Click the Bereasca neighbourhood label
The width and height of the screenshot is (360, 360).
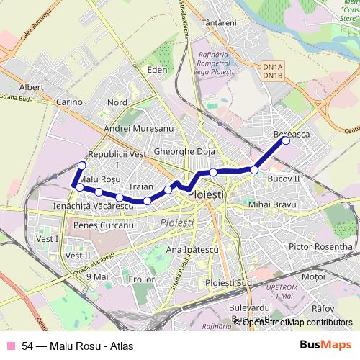[x=292, y=135]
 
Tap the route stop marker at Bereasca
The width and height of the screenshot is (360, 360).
[x=286, y=140]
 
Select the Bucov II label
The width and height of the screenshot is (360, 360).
[x=283, y=177]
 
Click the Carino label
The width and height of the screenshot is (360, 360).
[x=70, y=102]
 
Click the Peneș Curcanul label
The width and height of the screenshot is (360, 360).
[x=105, y=225]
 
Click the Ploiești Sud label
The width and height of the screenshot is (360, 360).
[x=228, y=282]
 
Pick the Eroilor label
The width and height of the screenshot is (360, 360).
[x=140, y=278]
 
